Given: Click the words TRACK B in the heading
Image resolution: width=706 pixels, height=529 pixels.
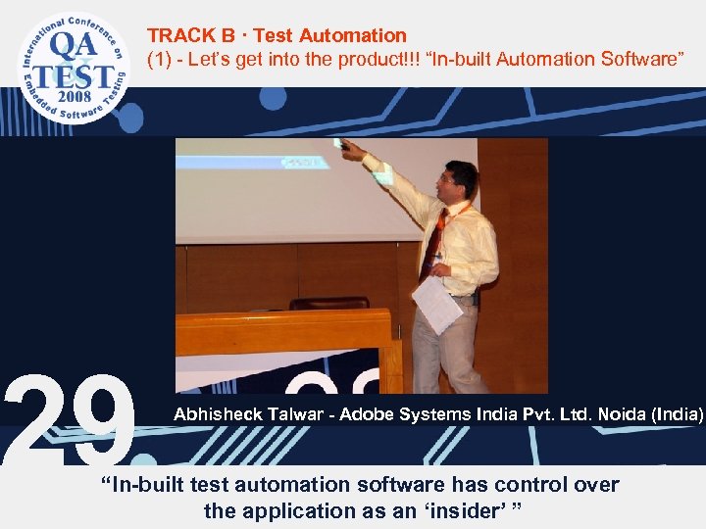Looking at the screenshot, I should pyautogui.click(x=190, y=36).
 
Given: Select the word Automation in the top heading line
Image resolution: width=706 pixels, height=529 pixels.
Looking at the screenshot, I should pyautogui.click(x=353, y=36).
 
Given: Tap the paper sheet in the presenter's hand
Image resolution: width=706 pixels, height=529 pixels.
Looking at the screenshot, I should pyautogui.click(x=436, y=303).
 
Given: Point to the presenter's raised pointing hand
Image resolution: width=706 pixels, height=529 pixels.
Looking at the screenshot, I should pyautogui.click(x=347, y=148).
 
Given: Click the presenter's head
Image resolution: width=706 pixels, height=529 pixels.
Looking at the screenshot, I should pyautogui.click(x=460, y=182).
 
